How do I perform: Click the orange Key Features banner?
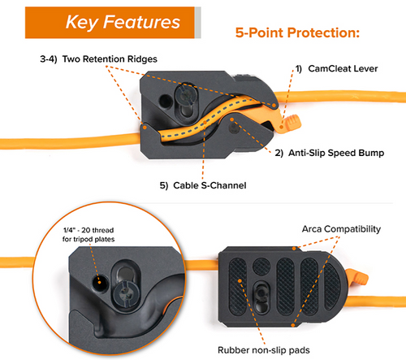[x=110, y=23]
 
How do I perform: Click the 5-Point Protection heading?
[x=297, y=33]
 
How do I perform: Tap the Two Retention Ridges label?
[x=98, y=59]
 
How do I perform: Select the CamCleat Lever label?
[x=336, y=69]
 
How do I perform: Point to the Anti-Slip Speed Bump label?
[x=330, y=153]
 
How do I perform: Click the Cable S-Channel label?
[x=203, y=185]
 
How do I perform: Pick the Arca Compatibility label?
[x=341, y=229]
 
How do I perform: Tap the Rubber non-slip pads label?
[x=264, y=350]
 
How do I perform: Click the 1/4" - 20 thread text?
[x=89, y=230]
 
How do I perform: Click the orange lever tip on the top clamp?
[x=293, y=123]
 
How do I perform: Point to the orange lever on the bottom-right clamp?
[x=357, y=277]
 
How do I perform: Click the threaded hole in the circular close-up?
[x=99, y=282]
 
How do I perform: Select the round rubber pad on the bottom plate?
[x=261, y=266]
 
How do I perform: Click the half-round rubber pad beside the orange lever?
[x=331, y=287]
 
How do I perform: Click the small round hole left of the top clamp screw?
[x=165, y=101]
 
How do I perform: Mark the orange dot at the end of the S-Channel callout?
[x=205, y=123]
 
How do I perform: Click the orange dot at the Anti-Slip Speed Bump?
[x=231, y=119]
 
